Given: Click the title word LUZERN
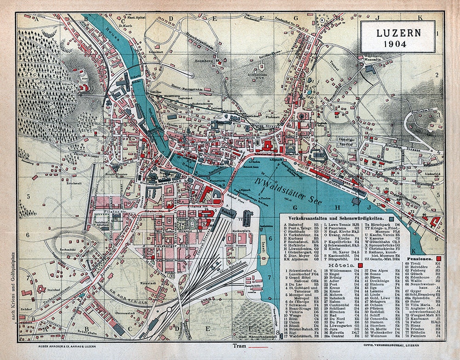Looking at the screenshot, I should click(397, 33).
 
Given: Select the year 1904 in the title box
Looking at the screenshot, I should click(397, 44).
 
